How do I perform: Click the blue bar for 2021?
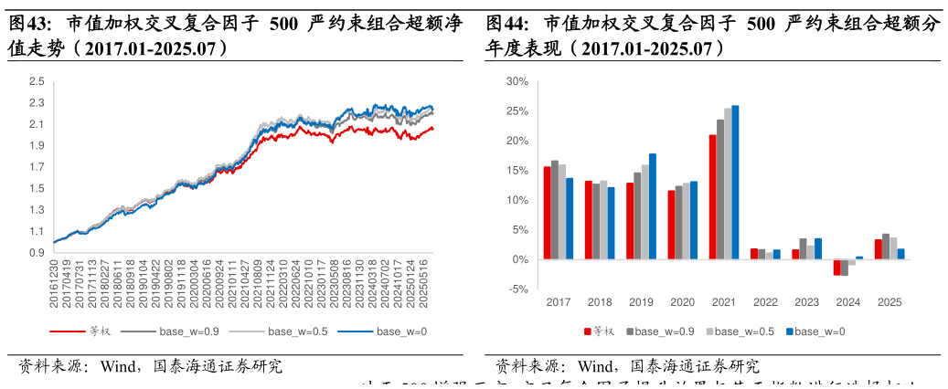coord(735,183)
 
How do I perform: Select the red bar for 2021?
coord(712,197)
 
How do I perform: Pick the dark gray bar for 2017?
coord(555,210)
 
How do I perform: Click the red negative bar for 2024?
coord(836,267)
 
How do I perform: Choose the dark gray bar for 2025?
coord(886,247)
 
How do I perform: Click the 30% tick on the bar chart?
coord(517,82)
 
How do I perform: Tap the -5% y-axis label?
coord(518,289)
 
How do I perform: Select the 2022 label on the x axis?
coord(765,302)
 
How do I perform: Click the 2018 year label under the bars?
coord(600,302)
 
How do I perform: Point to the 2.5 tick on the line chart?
coord(37,81)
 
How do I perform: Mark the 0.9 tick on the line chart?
coord(37,253)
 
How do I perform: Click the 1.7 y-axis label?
coord(37,167)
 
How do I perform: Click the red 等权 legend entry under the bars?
coord(602,331)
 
